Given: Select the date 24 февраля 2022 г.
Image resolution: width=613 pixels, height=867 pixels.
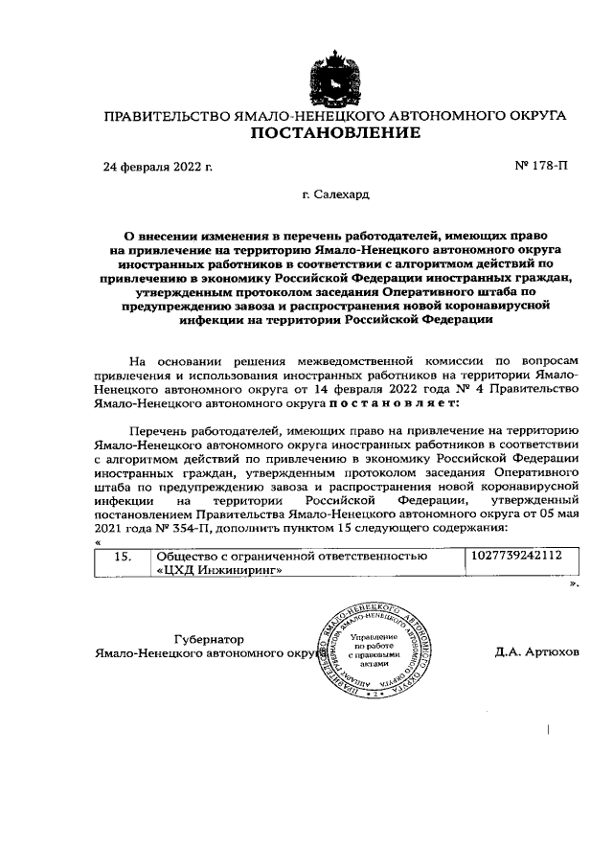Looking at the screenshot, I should click(158, 167).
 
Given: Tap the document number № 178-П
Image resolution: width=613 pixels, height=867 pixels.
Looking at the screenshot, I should click(541, 167).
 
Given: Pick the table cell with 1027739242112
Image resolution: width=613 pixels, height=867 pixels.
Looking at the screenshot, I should click(517, 556).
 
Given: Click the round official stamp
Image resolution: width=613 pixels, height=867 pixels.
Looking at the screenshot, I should click(369, 648).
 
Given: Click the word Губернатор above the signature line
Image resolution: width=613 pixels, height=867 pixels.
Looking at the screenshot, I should click(210, 638).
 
